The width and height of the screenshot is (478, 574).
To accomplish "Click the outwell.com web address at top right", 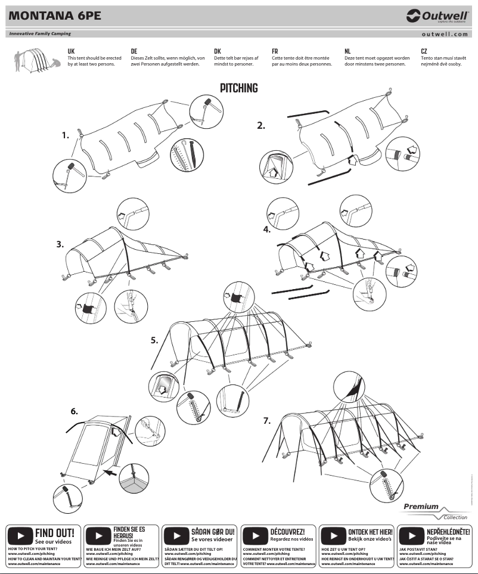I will (x=448, y=35).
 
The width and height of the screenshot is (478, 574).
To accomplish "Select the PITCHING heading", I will (x=239, y=88).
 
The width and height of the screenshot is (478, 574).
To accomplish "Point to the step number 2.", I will (x=260, y=125).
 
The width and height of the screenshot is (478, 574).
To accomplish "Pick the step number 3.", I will (x=60, y=244).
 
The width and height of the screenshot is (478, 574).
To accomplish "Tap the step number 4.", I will (x=266, y=228).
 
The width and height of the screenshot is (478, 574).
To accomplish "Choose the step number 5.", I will (x=154, y=340).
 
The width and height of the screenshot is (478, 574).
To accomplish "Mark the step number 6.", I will (x=74, y=411).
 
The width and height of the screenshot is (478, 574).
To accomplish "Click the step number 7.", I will (x=266, y=421).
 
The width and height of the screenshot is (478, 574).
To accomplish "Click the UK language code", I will (x=71, y=52).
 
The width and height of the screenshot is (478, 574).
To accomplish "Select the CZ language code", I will (x=424, y=52).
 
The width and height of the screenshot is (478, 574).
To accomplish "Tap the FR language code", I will (x=275, y=52).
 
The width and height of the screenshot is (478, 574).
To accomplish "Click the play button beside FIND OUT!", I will (x=20, y=535).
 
